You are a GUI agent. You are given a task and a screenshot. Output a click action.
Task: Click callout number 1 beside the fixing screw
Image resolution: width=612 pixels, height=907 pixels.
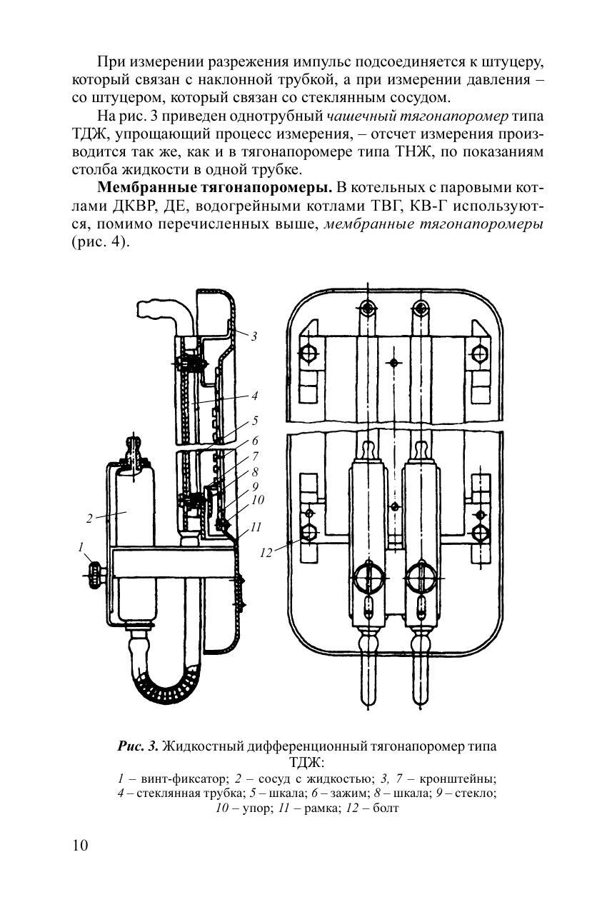pyautogui.click(x=81, y=548)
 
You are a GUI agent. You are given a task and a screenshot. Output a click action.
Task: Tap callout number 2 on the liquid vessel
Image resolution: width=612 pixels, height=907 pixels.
pyautogui.click(x=89, y=518)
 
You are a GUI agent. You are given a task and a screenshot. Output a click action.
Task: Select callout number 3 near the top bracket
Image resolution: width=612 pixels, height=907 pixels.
pyautogui.click(x=254, y=336)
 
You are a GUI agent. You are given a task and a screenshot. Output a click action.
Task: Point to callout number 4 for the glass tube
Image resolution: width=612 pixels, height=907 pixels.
pyautogui.click(x=254, y=396)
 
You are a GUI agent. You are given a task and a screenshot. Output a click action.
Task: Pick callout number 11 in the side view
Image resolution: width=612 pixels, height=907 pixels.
pyautogui.click(x=256, y=527)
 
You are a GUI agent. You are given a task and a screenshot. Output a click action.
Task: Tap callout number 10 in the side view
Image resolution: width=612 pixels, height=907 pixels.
pyautogui.click(x=258, y=500)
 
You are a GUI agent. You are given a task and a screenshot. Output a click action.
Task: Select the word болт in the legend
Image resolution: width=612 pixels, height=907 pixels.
pyautogui.click(x=386, y=808)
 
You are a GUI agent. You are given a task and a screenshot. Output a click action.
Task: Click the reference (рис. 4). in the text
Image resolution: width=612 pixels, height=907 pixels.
pyautogui.click(x=101, y=242)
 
